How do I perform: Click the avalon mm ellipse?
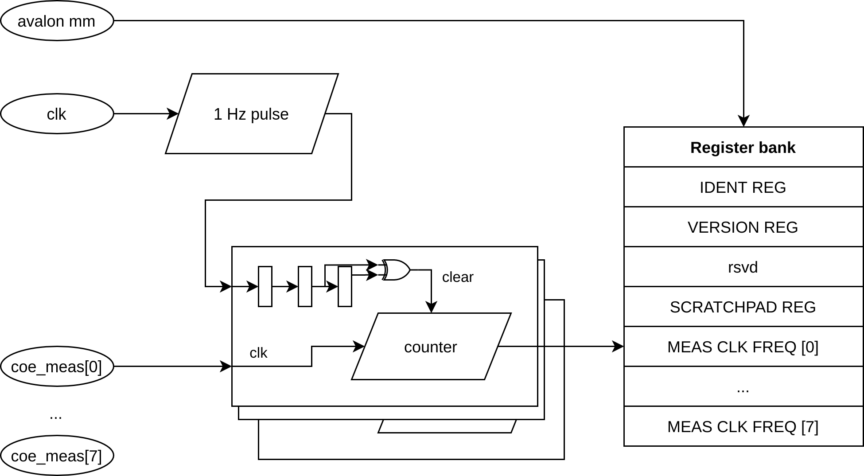coord(57,21)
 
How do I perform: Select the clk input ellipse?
coord(57,114)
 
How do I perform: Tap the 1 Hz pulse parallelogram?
coord(252,114)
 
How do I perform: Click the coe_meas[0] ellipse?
coord(57,367)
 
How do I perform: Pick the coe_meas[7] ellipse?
coord(57,456)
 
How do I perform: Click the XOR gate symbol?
coord(396,270)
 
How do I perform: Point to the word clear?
coord(458,277)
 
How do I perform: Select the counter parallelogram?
coord(431,347)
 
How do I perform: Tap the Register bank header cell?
coord(743,147)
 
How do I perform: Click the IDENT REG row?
coord(743,187)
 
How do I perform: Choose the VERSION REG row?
coord(743,227)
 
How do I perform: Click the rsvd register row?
coord(743,267)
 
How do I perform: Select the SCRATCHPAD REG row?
coord(743,307)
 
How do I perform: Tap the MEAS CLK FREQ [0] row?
coord(743,347)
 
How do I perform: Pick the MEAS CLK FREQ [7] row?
coord(743,426)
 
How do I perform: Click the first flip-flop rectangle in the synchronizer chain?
coord(265,286)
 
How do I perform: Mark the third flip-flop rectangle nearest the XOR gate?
coord(345,286)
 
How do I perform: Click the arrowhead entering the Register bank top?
coord(743,121)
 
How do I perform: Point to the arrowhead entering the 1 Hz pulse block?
coord(173,114)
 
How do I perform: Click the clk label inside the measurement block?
coord(258,353)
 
